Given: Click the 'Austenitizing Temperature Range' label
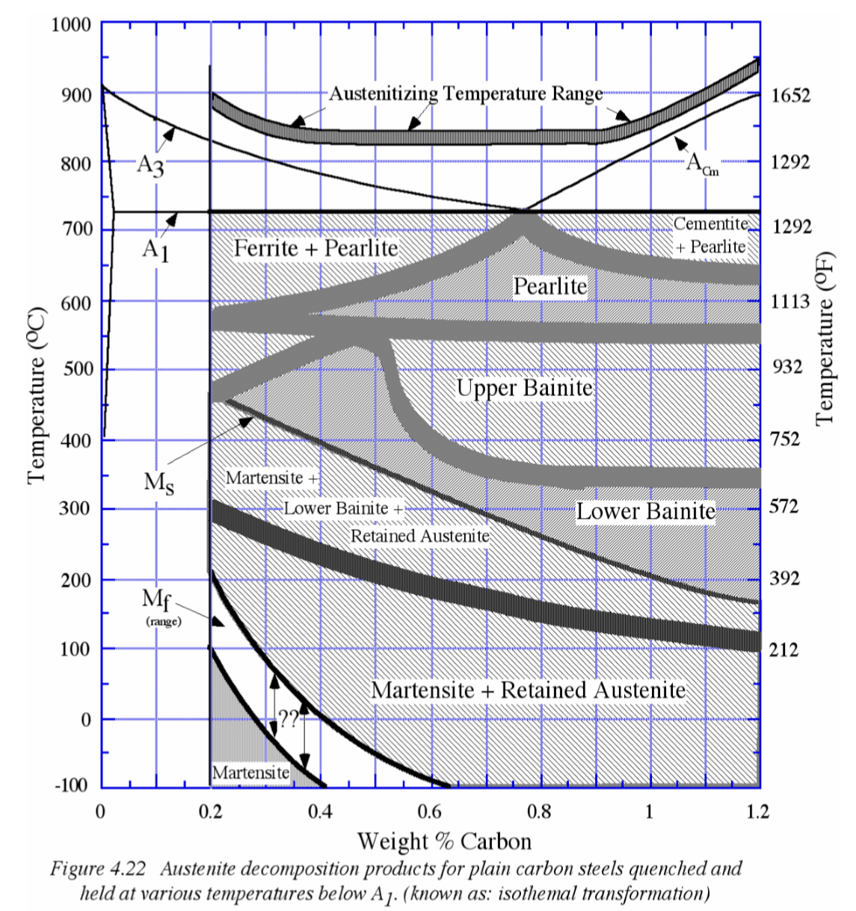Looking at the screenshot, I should point(466,93).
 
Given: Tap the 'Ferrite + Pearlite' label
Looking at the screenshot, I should point(315,247).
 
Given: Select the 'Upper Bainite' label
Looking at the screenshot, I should point(524,388).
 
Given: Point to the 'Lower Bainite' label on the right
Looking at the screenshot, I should point(645,511).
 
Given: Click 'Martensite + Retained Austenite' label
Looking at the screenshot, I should point(528,690).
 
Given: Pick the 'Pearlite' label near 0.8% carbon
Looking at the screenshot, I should point(549,285).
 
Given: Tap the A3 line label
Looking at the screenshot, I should point(150,165).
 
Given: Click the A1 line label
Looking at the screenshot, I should point(156,250).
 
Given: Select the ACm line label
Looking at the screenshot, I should point(702,164).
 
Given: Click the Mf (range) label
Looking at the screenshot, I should point(162,606).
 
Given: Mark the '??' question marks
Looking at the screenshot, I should point(289,719).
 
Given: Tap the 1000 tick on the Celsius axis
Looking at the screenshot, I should point(71,25).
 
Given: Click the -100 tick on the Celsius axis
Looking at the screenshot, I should point(71,785).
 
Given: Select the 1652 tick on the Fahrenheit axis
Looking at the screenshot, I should point(790,96).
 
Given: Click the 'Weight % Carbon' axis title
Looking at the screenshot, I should point(444,841).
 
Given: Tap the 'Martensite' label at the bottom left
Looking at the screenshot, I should point(250,773).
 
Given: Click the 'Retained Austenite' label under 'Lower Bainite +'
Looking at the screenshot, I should point(419,536).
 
